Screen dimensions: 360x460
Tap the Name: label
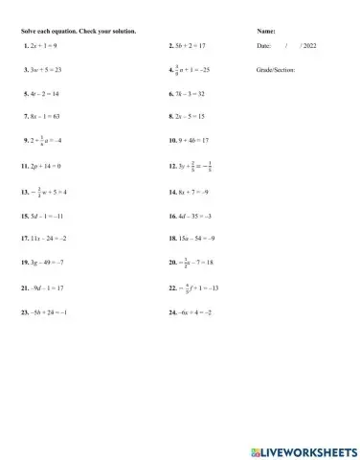click(x=266, y=32)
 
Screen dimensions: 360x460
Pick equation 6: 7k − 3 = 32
click(x=188, y=95)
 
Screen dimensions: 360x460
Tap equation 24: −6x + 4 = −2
click(x=190, y=312)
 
